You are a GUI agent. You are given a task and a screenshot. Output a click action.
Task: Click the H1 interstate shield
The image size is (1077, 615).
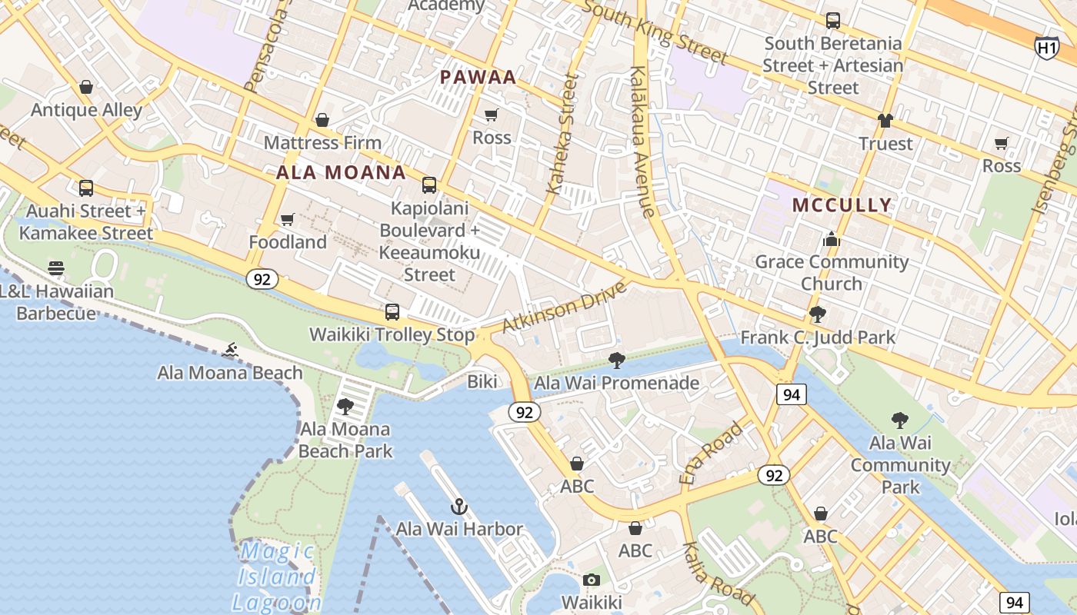click(1046, 48)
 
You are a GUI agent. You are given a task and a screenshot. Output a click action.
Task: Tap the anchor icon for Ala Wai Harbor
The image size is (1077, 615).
click(458, 507)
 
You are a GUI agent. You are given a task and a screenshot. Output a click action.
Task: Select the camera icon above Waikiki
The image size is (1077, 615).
click(591, 580)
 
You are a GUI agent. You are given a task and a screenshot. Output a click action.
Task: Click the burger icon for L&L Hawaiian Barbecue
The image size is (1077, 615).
click(56, 268)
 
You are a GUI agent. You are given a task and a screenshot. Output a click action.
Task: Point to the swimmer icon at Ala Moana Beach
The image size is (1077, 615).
click(229, 351)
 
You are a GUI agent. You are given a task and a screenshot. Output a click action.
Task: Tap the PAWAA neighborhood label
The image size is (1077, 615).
click(478, 78)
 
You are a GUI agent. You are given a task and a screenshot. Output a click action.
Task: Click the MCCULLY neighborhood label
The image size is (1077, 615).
click(842, 205)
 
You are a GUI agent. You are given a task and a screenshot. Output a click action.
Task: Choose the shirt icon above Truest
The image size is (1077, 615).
click(885, 121)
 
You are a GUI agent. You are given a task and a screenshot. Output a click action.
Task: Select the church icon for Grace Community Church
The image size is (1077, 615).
click(831, 240)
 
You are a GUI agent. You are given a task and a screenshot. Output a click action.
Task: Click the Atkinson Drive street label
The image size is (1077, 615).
click(564, 307)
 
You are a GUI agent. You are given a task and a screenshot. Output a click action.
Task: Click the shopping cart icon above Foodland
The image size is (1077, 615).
click(288, 220)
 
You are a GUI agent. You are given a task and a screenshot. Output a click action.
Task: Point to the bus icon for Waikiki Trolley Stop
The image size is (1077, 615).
click(392, 312)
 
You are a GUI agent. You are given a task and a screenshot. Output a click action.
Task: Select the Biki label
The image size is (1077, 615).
click(482, 382)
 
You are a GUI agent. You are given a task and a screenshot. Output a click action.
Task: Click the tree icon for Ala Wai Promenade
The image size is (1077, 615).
click(616, 360)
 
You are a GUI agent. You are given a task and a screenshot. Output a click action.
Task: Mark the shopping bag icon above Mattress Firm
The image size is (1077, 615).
click(322, 121)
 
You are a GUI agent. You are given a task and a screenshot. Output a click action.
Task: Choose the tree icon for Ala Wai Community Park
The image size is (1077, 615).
click(900, 421)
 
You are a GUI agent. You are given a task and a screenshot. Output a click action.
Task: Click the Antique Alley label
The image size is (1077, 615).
click(86, 110)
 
